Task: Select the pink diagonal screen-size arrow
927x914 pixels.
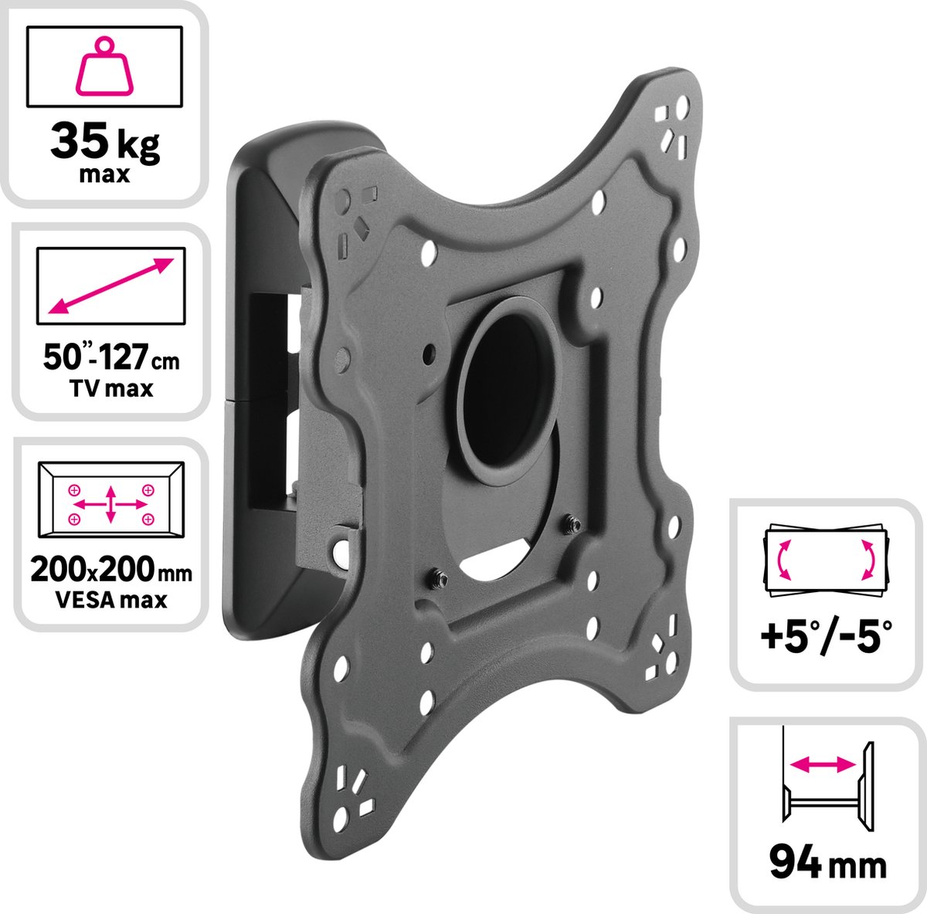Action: pyautogui.click(x=110, y=286)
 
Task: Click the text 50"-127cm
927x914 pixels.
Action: pyautogui.click(x=110, y=360)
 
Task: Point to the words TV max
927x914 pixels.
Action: pyautogui.click(x=110, y=388)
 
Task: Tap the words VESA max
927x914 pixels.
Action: pyautogui.click(x=110, y=599)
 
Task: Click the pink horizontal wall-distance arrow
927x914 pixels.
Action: pyautogui.click(x=823, y=763)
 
